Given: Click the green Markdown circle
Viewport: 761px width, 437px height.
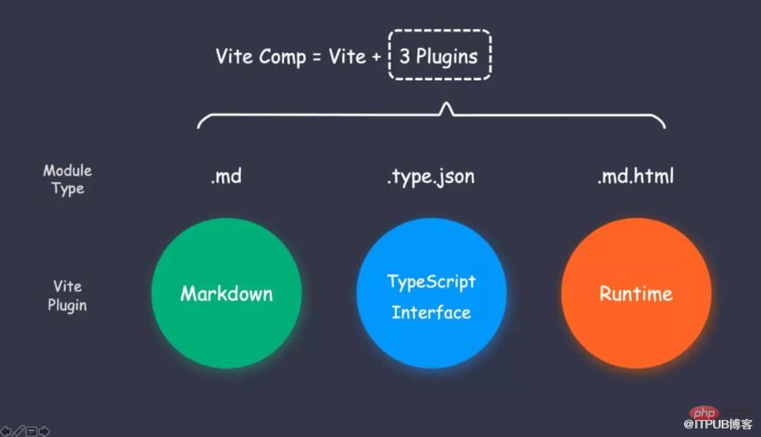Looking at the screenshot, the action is tap(227, 292).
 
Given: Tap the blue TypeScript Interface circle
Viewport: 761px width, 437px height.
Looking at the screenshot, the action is tap(432, 292).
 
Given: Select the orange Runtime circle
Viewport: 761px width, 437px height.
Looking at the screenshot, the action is tap(636, 292).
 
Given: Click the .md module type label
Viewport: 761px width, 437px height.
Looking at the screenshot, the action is tap(227, 176).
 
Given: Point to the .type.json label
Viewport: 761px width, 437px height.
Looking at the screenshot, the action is tap(431, 177).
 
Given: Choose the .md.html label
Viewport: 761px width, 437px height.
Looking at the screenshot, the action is tap(636, 176).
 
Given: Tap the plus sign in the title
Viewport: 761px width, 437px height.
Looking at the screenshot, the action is tap(376, 57).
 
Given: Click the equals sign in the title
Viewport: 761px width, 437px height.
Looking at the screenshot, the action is tap(316, 57).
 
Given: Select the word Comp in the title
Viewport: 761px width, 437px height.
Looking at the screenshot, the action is tap(282, 57).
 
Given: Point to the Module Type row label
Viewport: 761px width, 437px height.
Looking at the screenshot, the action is tap(68, 180).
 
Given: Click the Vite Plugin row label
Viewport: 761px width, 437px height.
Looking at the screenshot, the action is tap(68, 296).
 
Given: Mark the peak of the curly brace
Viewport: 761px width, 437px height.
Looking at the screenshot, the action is tap(446, 103).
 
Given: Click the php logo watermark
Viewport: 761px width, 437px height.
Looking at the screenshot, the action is tap(704, 413).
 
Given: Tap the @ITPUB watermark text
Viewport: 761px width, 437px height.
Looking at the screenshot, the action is tap(717, 424).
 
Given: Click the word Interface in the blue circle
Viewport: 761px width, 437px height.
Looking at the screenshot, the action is tap(431, 312).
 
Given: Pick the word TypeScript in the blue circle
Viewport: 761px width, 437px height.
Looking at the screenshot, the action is tap(432, 282).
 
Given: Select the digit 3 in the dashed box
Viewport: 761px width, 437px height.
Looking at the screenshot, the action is tap(404, 56).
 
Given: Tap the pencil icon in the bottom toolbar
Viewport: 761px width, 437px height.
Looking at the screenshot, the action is tap(19, 431).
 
